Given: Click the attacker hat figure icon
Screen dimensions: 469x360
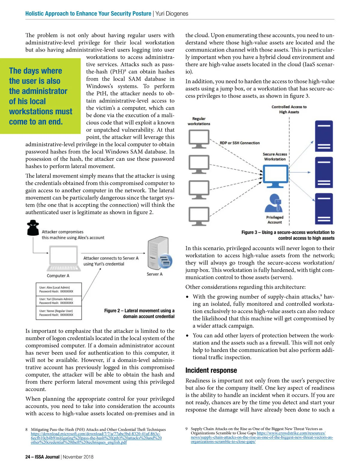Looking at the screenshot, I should click(x=33, y=228).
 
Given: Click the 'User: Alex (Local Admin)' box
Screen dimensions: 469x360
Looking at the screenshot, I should click(x=59, y=289).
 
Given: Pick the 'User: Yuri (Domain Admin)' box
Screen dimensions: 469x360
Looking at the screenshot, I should click(x=59, y=301).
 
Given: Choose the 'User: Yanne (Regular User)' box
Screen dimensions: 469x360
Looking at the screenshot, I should click(x=59, y=313).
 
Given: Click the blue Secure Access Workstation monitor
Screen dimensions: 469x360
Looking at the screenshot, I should click(x=275, y=177).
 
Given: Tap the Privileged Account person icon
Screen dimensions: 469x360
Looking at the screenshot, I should click(x=274, y=203).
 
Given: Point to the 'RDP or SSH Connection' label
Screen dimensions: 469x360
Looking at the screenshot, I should click(x=240, y=143).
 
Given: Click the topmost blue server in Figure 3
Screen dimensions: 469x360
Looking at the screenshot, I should click(x=324, y=136).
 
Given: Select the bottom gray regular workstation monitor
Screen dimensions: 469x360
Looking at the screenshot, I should click(x=199, y=216).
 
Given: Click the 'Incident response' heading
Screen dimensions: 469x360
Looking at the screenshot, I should click(x=211, y=370).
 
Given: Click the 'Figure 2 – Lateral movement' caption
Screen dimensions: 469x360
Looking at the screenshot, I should click(x=139, y=313).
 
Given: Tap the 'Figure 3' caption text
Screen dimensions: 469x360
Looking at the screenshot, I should click(x=288, y=235).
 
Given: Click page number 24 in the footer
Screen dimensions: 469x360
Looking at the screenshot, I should click(x=28, y=457).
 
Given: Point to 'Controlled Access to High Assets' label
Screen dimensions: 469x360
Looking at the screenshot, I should click(x=289, y=109).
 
